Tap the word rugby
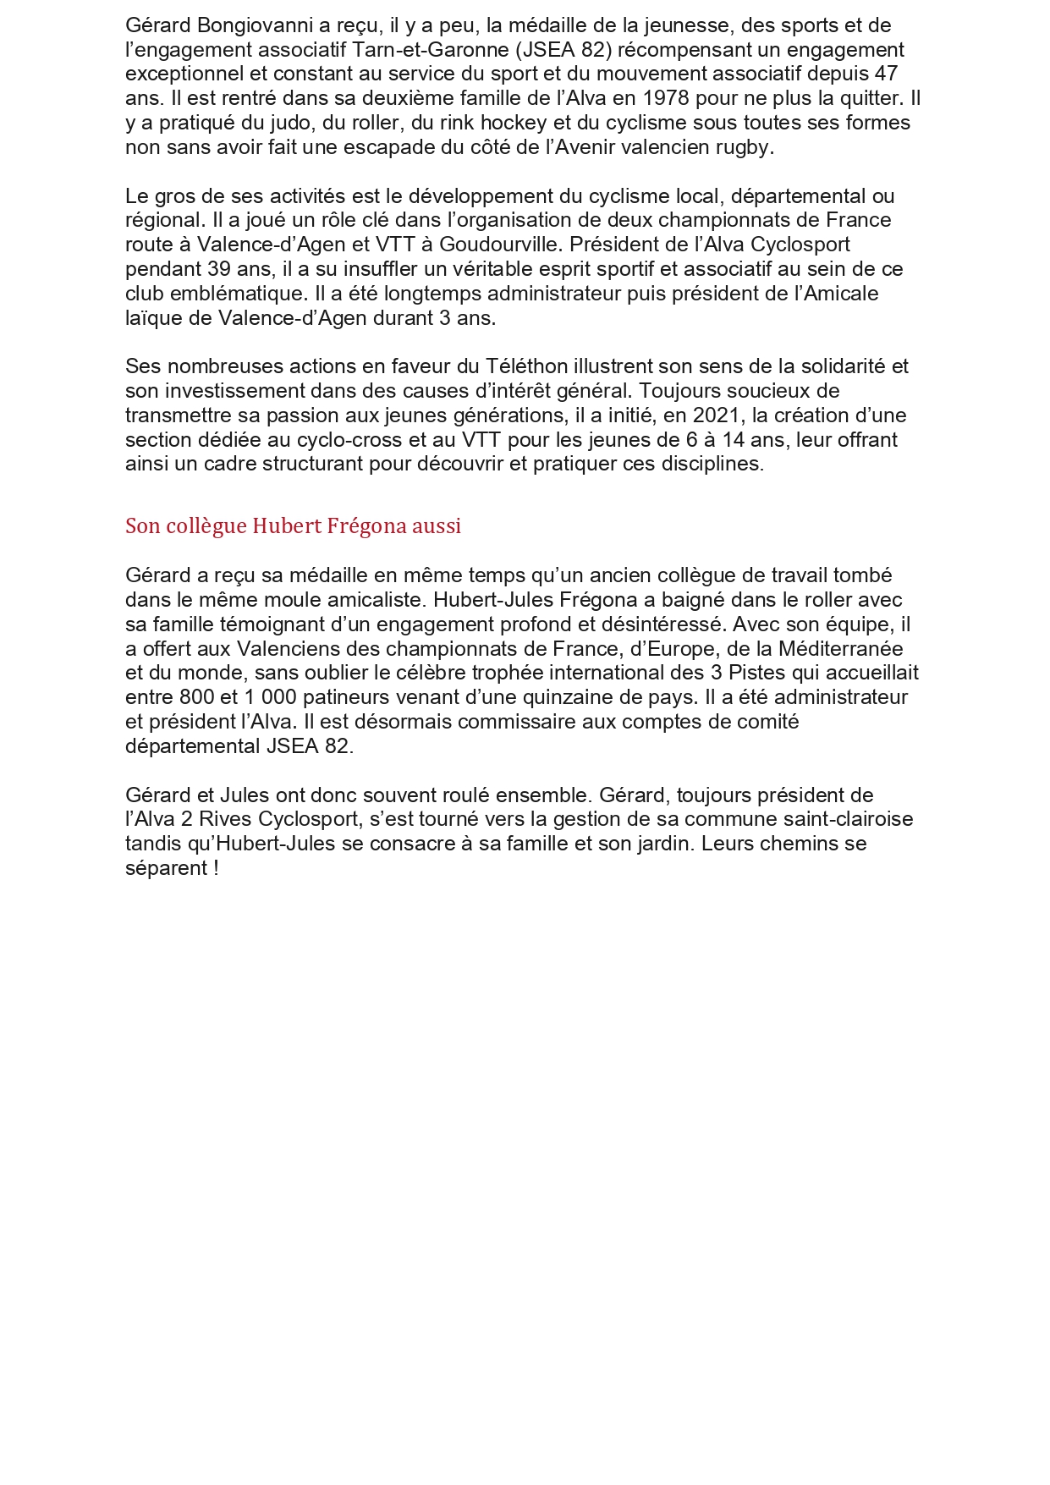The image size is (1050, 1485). point(747,147)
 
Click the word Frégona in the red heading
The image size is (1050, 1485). point(366,526)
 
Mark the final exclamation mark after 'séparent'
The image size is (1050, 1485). point(217,868)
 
